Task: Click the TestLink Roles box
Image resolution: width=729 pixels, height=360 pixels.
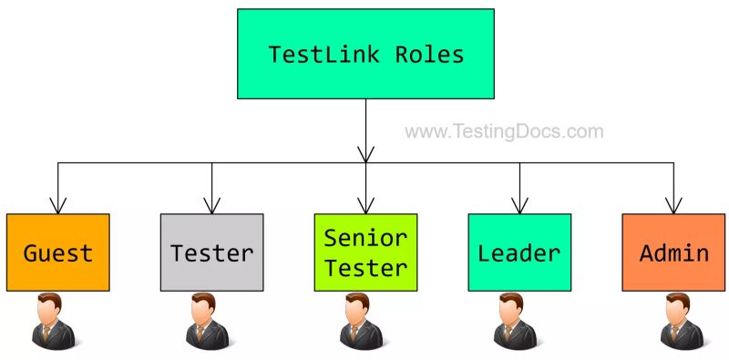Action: pyautogui.click(x=365, y=54)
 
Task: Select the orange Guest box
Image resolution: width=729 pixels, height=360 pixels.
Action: pyautogui.click(x=58, y=252)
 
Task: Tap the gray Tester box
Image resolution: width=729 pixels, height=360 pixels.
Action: pyautogui.click(x=212, y=252)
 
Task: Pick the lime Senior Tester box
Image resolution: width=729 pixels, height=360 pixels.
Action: pyautogui.click(x=365, y=252)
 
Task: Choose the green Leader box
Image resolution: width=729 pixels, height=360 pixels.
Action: pyautogui.click(x=519, y=252)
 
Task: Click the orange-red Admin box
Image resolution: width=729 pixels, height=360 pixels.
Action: pyautogui.click(x=673, y=252)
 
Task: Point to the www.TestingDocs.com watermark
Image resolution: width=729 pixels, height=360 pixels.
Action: pyautogui.click(x=504, y=131)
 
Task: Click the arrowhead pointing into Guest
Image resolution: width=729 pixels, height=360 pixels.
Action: pyautogui.click(x=58, y=206)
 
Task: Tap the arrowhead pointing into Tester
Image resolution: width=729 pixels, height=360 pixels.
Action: pyautogui.click(x=212, y=206)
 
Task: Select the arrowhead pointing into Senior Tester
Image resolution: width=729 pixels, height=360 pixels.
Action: pyautogui.click(x=365, y=206)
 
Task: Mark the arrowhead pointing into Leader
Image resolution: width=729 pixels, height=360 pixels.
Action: pyautogui.click(x=519, y=206)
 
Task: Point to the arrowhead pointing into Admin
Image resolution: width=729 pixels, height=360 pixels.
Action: pyautogui.click(x=673, y=206)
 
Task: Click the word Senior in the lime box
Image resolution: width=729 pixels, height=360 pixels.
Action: pyautogui.click(x=366, y=239)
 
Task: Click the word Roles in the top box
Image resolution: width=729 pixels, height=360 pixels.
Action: pyautogui.click(x=429, y=55)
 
